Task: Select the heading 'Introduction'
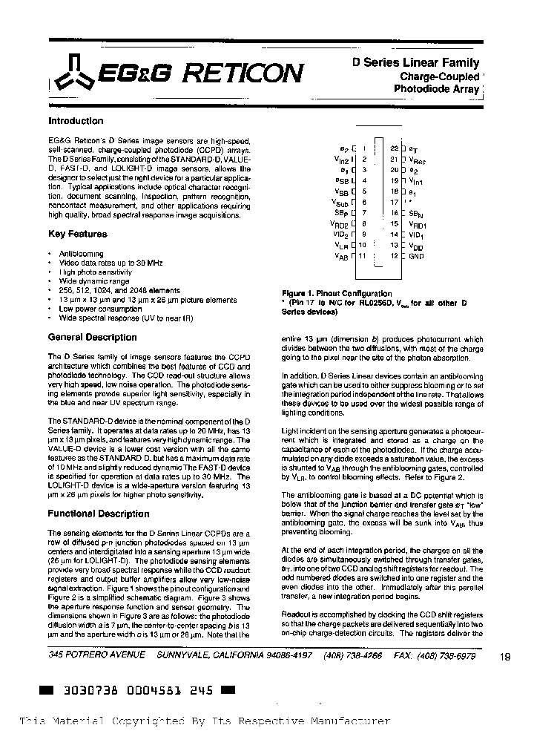(76, 120)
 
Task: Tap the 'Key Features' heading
(77, 234)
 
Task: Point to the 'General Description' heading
(92, 337)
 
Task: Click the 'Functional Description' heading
(98, 514)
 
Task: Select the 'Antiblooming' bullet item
(82, 254)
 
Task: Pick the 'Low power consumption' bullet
(100, 309)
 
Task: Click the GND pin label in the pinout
(416, 256)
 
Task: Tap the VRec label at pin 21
(418, 160)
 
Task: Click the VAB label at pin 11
(341, 256)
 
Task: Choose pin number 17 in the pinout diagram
(394, 202)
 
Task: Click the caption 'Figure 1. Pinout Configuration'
(337, 294)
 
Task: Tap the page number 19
(505, 656)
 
